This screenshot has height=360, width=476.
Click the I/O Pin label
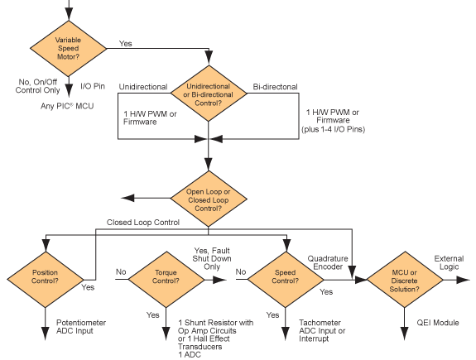click(94, 85)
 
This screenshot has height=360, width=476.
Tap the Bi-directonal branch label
click(275, 86)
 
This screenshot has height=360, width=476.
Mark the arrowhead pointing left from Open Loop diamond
click(125, 198)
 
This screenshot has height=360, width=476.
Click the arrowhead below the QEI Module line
click(404, 336)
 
